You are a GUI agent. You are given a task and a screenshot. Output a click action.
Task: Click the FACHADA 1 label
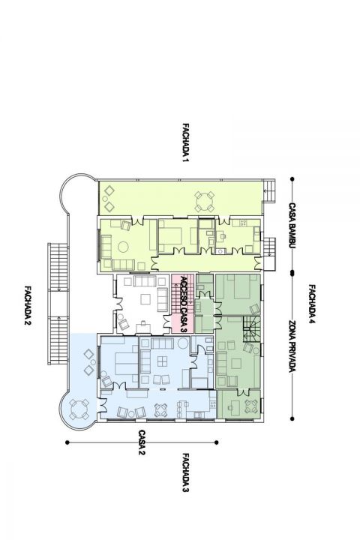(x=186, y=142)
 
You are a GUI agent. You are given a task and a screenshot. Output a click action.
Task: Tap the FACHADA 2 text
(x=28, y=304)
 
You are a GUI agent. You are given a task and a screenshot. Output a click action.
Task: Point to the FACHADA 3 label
(x=186, y=472)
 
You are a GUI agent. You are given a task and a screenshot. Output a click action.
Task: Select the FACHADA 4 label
(x=312, y=304)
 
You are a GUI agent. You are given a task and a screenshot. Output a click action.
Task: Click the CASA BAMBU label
(x=292, y=226)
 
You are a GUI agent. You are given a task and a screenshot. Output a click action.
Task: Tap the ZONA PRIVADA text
(x=292, y=346)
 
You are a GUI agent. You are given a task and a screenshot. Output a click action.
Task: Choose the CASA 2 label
(x=142, y=442)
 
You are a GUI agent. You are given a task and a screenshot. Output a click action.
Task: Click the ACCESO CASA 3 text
(x=184, y=304)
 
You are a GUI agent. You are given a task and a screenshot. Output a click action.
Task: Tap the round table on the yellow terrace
(x=204, y=202)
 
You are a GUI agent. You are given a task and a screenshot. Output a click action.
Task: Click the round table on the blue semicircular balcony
(x=79, y=409)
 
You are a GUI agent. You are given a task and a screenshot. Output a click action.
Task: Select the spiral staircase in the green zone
(x=252, y=329)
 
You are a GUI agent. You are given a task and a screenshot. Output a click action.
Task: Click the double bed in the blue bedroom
(x=126, y=364)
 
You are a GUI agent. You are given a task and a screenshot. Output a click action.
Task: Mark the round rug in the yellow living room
(x=123, y=247)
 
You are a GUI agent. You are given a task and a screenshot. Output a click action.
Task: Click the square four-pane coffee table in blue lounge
(x=162, y=361)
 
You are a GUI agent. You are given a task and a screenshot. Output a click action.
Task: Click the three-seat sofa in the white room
(x=145, y=280)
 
